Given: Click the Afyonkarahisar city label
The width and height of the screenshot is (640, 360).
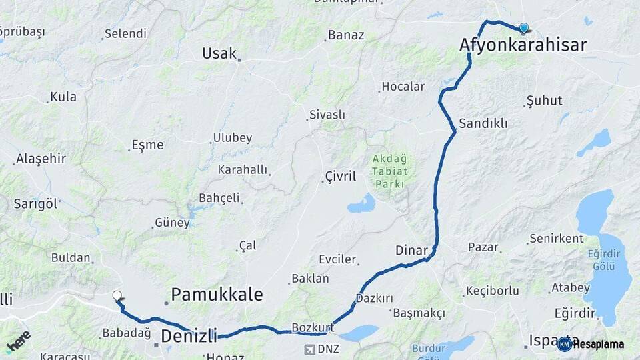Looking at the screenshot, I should point(523,45).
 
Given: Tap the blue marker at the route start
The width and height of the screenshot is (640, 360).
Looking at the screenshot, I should point(524,28).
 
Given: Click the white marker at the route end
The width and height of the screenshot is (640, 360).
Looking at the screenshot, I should point(117,295).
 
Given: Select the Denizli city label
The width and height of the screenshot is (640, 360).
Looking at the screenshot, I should point(189,335).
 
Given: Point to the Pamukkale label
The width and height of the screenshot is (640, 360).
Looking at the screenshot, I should point(217,294).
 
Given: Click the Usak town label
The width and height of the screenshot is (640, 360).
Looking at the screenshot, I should point(219,53).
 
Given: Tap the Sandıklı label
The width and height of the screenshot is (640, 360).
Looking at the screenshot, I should point(483,123).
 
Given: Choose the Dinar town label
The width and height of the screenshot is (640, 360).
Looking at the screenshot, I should point(411,250).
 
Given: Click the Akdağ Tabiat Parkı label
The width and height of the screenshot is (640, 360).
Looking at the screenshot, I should point(390,171).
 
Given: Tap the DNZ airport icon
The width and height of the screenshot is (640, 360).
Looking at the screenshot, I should point(310,349).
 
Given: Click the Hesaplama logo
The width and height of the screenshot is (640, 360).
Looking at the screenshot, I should point(592,344).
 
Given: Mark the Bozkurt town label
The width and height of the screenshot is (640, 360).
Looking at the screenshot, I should point(313,327).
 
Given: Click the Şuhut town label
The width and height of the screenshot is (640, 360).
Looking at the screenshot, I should point(544,101).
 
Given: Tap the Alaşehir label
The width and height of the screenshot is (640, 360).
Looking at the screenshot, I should point(41,158).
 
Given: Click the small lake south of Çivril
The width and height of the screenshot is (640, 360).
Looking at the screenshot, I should point(361,203).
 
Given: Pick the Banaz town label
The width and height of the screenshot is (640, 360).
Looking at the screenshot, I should point(346,35).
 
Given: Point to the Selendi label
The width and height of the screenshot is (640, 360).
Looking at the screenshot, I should point(125,33).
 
